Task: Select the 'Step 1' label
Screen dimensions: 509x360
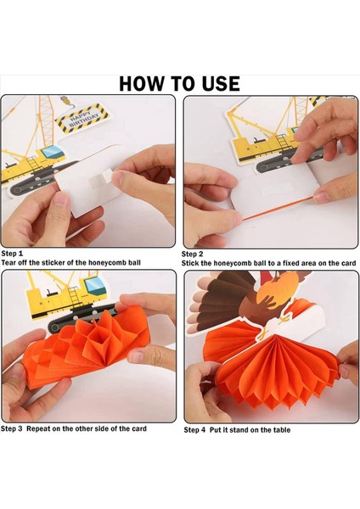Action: (x=13, y=254)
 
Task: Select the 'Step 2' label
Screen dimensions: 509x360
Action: (x=194, y=254)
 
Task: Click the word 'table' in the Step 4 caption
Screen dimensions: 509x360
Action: (x=279, y=430)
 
